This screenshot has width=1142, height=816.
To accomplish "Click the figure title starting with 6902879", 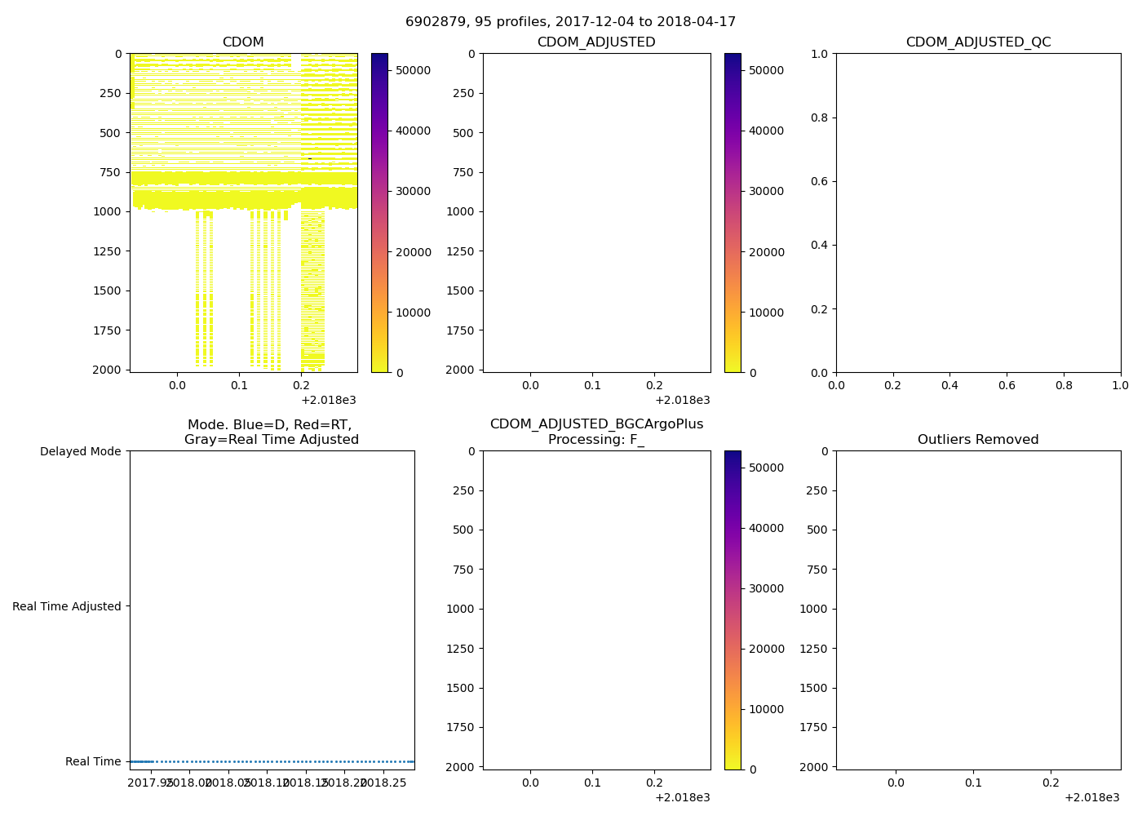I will point(570,22).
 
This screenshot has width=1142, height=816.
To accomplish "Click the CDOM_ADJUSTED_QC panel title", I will point(978,42).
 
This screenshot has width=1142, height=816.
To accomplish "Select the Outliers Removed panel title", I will point(978,440).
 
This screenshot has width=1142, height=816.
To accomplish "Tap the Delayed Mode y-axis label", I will point(80,451).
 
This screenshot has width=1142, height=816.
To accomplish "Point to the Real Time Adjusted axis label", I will point(67,606).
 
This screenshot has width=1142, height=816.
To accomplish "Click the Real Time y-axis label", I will point(93,761).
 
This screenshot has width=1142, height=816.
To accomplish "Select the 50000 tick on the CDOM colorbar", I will point(413,70).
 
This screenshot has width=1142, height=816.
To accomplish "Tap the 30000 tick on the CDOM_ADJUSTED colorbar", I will point(766,191).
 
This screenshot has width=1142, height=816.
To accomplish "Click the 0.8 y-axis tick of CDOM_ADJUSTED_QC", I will point(820,118).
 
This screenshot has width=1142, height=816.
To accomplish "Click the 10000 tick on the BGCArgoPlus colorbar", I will point(766,709).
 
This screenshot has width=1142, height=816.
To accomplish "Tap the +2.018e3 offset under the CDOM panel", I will point(329,400).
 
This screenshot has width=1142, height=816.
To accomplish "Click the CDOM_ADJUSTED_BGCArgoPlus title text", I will point(596,424).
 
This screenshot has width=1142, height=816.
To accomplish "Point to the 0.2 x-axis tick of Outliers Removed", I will point(1051,782).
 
